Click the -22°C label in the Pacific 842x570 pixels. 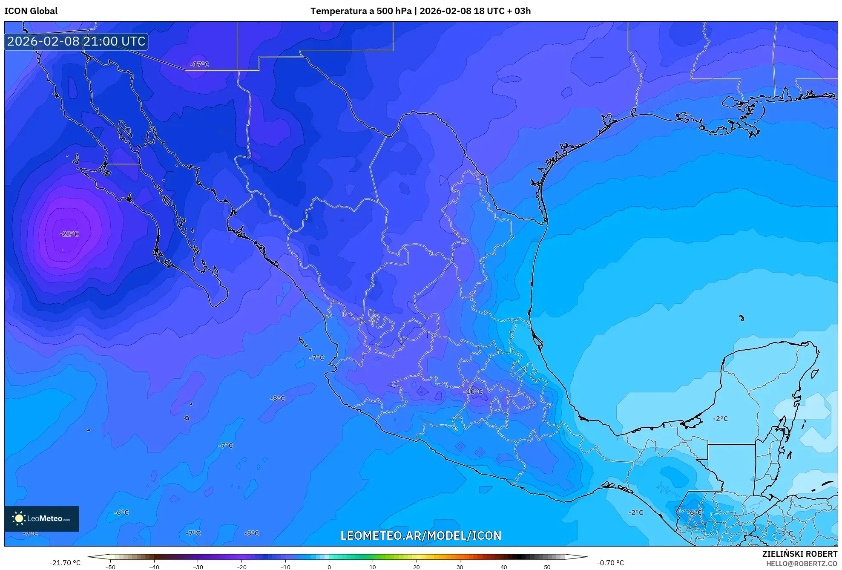69,234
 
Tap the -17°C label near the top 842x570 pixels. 200,64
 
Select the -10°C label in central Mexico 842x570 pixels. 473,392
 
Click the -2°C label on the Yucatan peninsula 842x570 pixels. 721,419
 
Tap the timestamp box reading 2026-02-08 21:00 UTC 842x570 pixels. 76,41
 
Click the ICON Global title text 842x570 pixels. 31,11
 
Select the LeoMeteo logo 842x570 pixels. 42,518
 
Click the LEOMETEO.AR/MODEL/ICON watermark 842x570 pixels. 421,535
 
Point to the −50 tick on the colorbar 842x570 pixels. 110,567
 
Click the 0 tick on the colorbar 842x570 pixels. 329,567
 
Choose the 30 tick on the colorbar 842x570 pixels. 460,567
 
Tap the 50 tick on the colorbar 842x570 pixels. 547,567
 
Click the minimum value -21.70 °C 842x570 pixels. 65,563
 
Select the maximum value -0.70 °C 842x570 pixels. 610,563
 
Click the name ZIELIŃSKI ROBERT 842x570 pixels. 799,554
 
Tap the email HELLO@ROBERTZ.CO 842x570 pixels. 802,564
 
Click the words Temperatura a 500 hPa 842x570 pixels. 361,11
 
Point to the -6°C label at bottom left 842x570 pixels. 121,512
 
